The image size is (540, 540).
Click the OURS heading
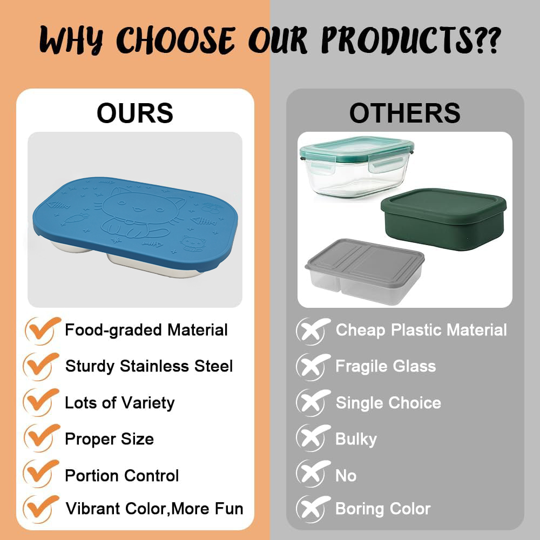pyautogui.click(x=135, y=113)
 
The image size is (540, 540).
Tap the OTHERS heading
pyautogui.click(x=404, y=113)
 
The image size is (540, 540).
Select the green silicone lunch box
pyautogui.click(x=443, y=219)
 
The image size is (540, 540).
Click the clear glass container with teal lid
pyautogui.click(x=357, y=167)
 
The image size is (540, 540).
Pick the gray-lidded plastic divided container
pyautogui.click(x=364, y=272)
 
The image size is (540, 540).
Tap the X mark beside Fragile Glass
pyautogui.click(x=312, y=367)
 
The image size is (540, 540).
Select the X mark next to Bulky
pyautogui.click(x=312, y=438)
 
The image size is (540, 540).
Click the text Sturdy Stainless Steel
pyautogui.click(x=149, y=366)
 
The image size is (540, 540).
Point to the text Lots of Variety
pyautogui.click(x=120, y=403)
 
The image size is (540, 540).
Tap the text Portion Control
pyautogui.click(x=122, y=476)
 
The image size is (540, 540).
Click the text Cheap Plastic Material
pyautogui.click(x=421, y=330)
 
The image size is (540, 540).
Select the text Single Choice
pyautogui.click(x=388, y=403)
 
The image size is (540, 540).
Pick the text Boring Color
pyautogui.click(x=383, y=509)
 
